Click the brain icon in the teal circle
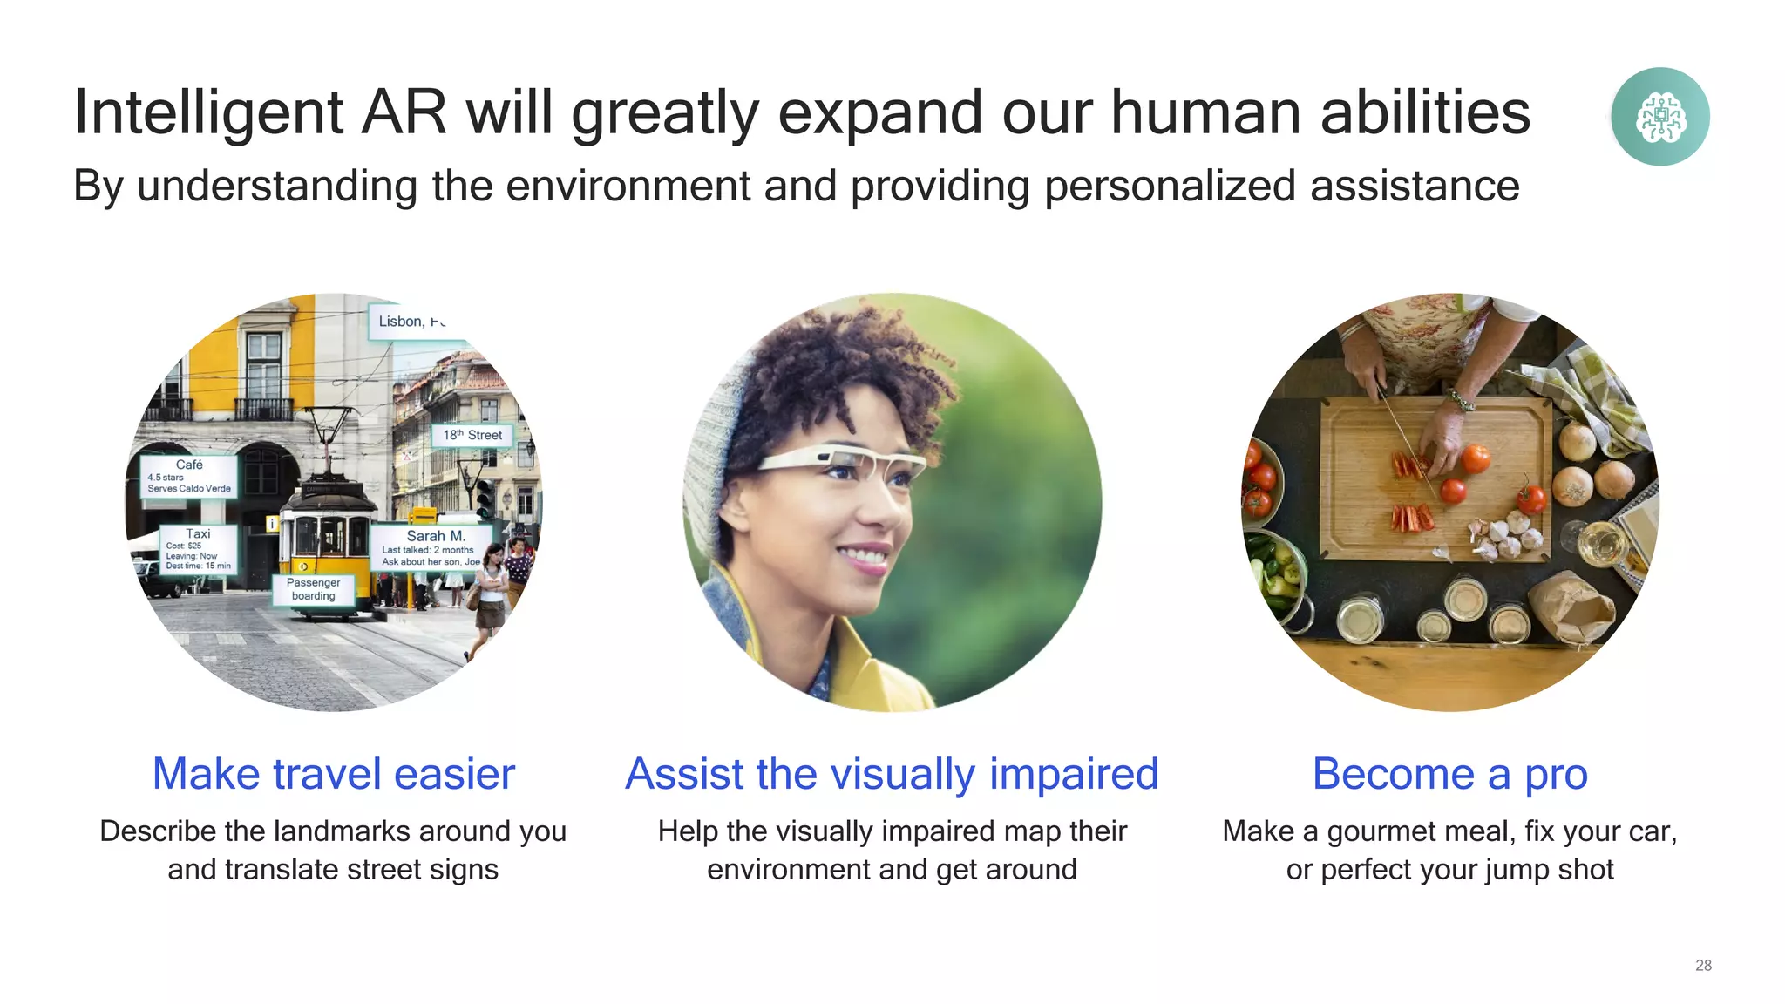tap(1660, 117)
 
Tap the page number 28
tap(1703, 965)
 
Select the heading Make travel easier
tap(334, 774)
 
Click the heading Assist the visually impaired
tap(892, 774)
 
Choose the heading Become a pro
tap(1449, 774)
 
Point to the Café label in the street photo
tap(189, 476)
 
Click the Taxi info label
tap(198, 549)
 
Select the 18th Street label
tap(472, 435)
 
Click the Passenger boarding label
tap(313, 589)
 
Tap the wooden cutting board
tap(1429, 488)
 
